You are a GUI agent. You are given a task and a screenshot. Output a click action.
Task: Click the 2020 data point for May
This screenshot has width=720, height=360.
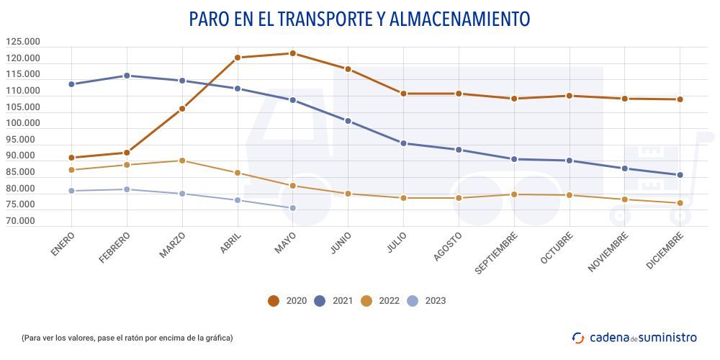pos(292,53)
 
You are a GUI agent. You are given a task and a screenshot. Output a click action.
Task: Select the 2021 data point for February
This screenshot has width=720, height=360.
pos(127,76)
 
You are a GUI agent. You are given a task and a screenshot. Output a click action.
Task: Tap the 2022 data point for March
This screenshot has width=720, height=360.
pos(182,161)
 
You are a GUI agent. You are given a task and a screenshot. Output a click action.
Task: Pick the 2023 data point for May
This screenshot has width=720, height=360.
pos(292,208)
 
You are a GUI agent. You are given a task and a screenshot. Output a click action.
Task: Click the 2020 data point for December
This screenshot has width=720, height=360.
pos(680,99)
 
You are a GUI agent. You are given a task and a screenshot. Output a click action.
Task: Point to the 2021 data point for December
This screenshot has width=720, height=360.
pos(680,175)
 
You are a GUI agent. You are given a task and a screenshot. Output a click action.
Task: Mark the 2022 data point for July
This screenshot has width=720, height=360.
pos(403,198)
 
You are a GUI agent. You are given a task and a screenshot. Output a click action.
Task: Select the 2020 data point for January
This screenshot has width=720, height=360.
pos(71,158)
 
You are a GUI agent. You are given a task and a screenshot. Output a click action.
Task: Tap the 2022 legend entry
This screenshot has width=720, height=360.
pos(380,301)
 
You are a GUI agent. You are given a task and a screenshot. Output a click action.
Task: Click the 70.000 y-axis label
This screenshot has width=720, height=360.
pos(24,221)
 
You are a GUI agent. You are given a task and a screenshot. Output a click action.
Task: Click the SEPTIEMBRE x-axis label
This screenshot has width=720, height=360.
pos(497,252)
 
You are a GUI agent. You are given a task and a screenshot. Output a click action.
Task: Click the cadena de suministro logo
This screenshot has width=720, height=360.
pos(634,337)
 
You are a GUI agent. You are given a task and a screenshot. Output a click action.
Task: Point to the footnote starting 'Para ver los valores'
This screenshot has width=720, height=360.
pos(127,338)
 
